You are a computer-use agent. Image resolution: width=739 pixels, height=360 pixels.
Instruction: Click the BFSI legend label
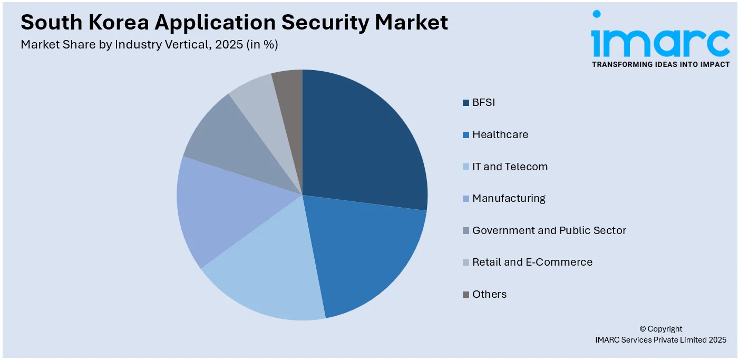coord(483,102)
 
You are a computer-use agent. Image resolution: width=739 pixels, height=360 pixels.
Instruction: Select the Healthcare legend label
coord(500,134)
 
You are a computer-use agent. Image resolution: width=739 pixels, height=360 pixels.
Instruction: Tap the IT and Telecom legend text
coord(510,167)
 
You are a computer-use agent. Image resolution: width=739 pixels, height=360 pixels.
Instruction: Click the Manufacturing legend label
coord(509,198)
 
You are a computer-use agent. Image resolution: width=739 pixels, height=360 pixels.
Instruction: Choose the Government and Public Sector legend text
coord(549,230)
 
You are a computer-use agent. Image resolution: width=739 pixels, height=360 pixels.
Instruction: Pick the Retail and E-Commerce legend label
coord(532,262)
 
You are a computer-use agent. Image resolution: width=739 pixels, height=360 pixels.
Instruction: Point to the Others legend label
coord(489,294)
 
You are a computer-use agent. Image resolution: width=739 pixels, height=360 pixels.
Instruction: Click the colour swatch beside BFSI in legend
coord(466,103)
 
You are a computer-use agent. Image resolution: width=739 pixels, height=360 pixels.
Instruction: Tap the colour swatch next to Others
coord(466,295)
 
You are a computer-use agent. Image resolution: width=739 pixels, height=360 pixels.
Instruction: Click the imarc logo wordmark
coord(660,42)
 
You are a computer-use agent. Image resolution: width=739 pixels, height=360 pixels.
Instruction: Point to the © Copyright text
coord(660,329)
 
